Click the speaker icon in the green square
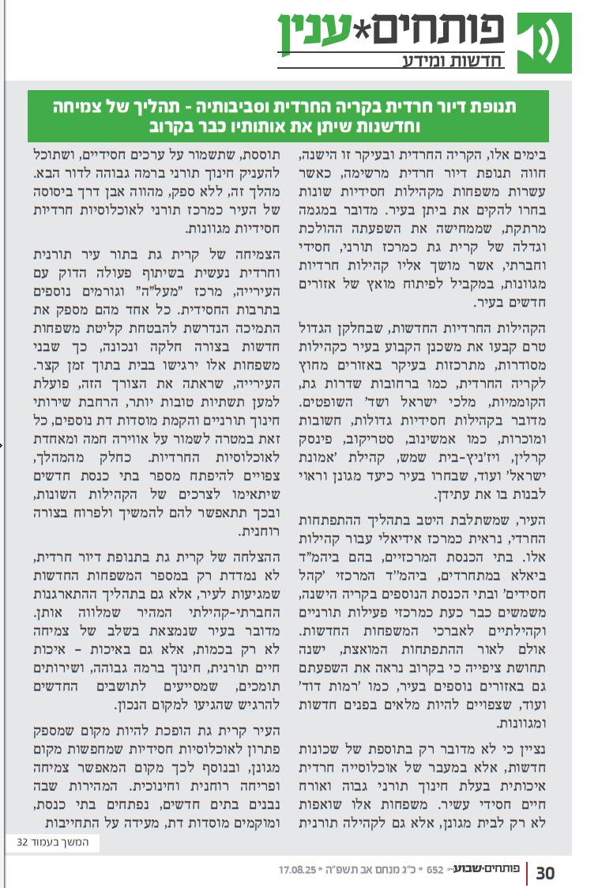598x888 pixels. coord(547,36)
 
